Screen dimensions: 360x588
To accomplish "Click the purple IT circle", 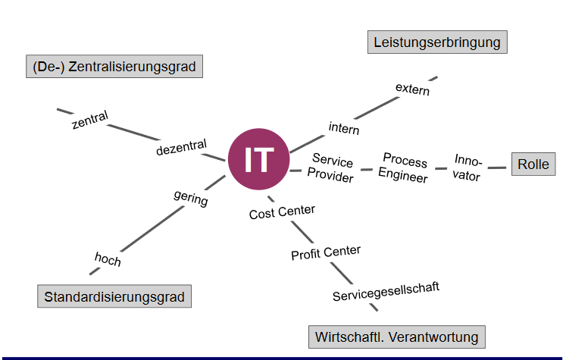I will pos(258,160).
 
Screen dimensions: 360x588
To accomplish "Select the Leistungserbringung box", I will pos(436,42).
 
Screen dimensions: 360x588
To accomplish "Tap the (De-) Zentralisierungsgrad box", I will pos(114,67).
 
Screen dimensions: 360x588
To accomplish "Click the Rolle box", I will pos(533,164).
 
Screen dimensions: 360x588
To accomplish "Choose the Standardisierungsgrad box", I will pos(114,296).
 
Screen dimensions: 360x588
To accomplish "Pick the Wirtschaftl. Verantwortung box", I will pos(396,337).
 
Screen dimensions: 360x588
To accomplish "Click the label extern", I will pos(412,89).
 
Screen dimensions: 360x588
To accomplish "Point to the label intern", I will pos(344,128).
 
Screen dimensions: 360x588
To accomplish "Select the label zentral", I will pos(90,120).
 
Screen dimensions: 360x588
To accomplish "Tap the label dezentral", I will pos(181,149).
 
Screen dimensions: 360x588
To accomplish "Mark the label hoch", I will pos(108,259).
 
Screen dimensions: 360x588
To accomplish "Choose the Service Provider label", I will pos(332,168).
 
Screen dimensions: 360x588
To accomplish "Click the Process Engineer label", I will pos(404,168).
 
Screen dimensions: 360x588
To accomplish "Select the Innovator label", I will pos(468,167).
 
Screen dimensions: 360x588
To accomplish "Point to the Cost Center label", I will pos(282,213).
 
